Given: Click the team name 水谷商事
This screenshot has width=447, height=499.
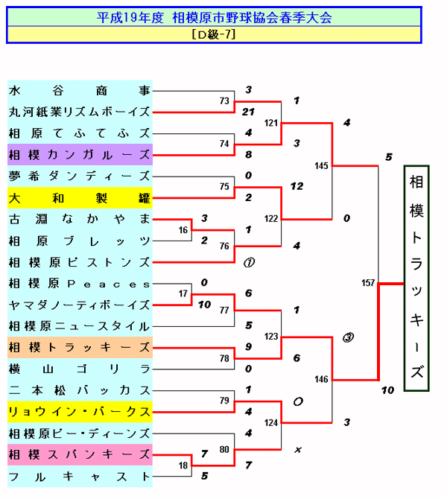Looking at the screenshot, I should point(80,91).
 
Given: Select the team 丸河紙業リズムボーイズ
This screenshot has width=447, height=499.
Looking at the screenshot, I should point(80,112).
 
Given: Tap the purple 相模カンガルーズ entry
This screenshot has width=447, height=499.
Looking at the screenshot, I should point(80,155).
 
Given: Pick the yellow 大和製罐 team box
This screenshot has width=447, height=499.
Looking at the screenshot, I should point(80,198).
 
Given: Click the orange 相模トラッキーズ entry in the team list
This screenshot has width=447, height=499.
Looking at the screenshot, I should point(80,348).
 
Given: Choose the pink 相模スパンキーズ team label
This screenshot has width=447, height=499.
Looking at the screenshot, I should point(80,454).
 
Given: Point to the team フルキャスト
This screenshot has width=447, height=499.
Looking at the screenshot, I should point(80,476).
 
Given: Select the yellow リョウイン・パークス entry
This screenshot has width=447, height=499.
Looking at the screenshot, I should point(80,412).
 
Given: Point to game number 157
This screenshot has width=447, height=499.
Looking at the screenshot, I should point(368,283).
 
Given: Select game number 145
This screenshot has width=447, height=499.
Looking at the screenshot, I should point(321,165).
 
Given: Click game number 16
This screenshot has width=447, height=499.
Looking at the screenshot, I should point(183,230).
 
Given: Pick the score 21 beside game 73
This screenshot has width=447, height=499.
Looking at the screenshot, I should point(249,112).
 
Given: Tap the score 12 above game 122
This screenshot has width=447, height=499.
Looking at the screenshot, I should point(297,186).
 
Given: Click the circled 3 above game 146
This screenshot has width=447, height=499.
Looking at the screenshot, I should point(348,337).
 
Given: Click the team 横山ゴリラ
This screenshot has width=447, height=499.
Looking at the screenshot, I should point(80,369).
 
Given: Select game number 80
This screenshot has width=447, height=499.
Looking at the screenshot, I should point(224,449).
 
